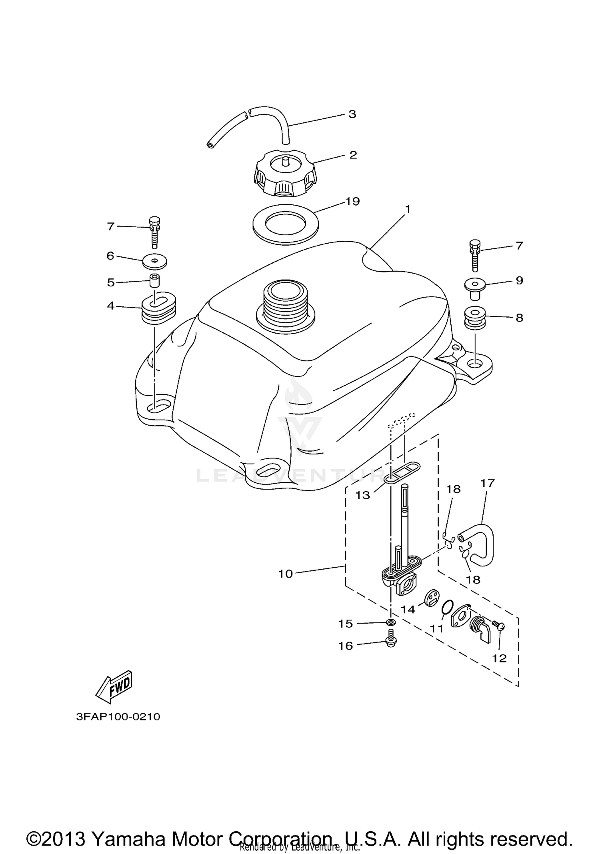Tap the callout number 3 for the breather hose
click(352, 114)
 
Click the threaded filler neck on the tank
click(285, 306)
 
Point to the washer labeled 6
click(154, 262)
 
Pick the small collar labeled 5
click(154, 280)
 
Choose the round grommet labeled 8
click(475, 318)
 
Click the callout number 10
click(286, 574)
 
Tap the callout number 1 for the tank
click(408, 209)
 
